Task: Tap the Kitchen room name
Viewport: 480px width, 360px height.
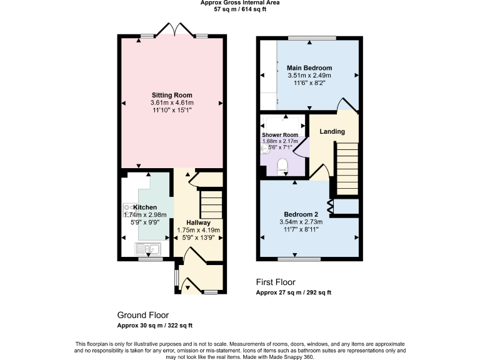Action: pos(145,207)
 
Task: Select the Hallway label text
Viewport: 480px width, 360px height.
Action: pos(198,222)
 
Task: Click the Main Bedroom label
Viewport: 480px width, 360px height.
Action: pos(309,68)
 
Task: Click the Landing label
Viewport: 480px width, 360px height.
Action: pos(332,131)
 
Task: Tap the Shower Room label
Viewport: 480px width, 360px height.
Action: pos(280,135)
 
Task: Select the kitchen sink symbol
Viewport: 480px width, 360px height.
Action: pos(148,250)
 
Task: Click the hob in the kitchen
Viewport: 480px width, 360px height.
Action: pos(128,207)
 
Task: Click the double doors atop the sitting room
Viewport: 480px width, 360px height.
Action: pos(176,29)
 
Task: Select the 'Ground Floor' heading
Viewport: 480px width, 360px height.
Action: pos(142,315)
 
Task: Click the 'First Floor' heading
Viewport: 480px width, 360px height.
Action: pos(276,282)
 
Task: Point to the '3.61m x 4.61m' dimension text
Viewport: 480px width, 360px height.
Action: pos(172,103)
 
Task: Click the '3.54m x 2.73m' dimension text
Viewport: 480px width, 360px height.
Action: pos(300,221)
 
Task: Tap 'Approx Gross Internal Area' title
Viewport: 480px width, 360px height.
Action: pos(240,3)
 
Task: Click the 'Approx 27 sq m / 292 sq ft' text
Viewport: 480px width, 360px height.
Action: pos(294,292)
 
